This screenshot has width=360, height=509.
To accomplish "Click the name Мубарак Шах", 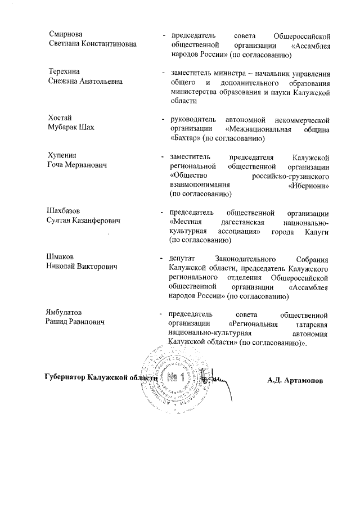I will [70, 127].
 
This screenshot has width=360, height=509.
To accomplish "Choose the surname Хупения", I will [61, 155].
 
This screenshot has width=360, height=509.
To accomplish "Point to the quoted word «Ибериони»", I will [308, 184].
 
